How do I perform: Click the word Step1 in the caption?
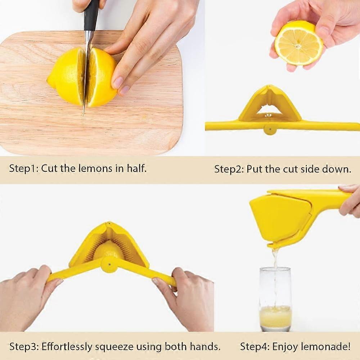click(x=23, y=168)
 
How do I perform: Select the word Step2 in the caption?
click(x=229, y=169)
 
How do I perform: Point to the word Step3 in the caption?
click(x=24, y=347)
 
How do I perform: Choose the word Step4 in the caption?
click(x=255, y=347)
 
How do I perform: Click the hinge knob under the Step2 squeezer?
click(x=270, y=129)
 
